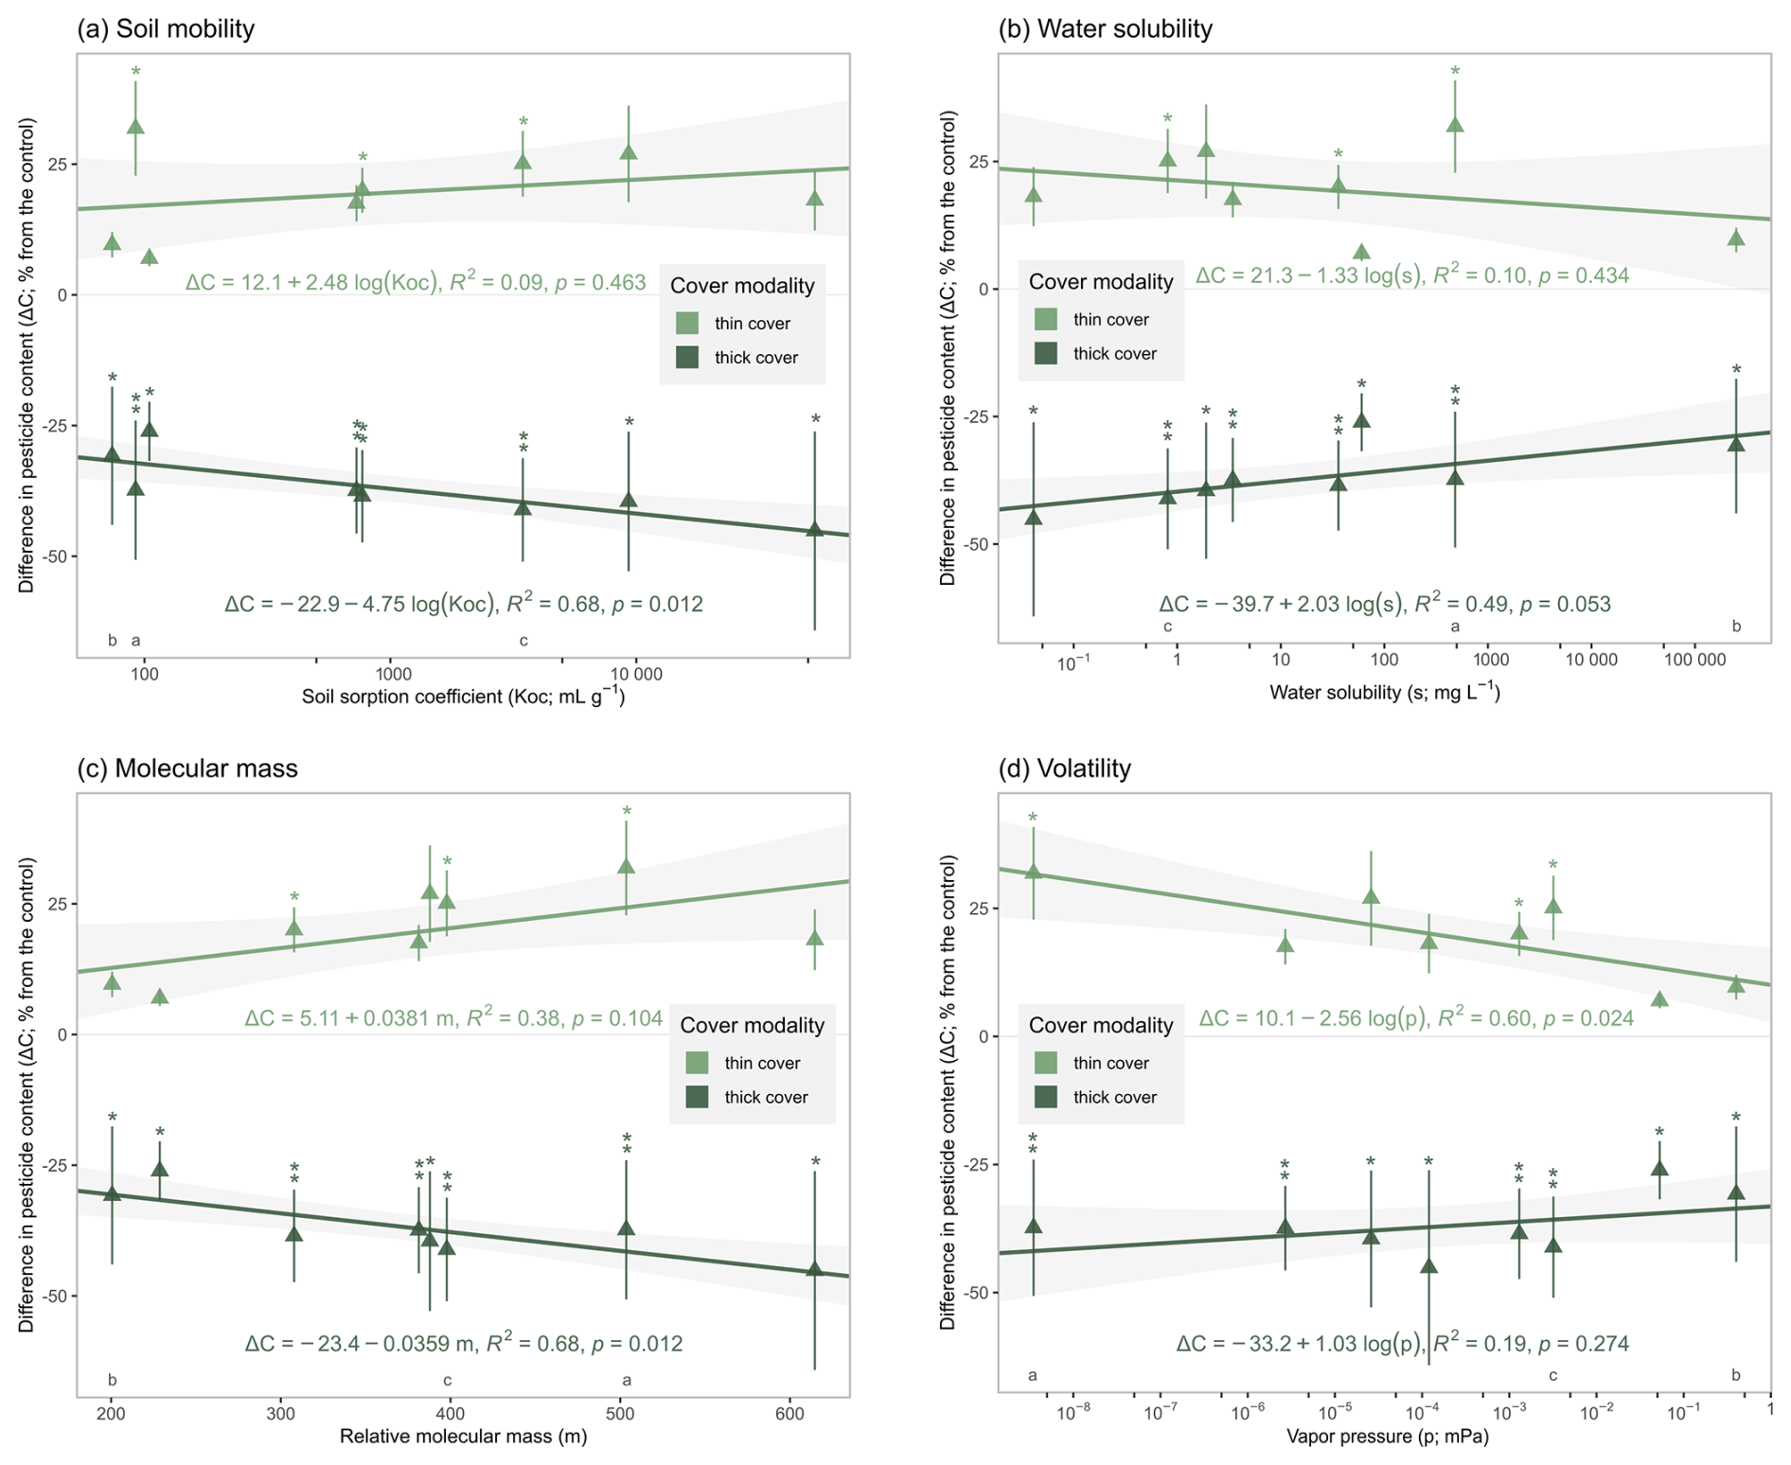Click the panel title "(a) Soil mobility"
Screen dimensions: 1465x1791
click(x=166, y=28)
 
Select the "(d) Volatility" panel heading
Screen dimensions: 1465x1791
click(x=1064, y=768)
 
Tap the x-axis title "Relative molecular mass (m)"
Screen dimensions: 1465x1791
click(x=463, y=1437)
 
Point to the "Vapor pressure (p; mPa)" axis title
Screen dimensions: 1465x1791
click(x=1387, y=1437)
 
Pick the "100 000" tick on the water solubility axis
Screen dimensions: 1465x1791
click(x=1694, y=660)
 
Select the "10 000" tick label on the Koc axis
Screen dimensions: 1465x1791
click(x=635, y=674)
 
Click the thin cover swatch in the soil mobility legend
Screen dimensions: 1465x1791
click(x=687, y=324)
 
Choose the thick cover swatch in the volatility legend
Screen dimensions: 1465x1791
click(x=1045, y=1097)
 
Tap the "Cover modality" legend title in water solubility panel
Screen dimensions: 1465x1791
click(x=1100, y=281)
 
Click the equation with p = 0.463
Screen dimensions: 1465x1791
click(x=416, y=282)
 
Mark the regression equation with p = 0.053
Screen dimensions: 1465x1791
click(x=1384, y=604)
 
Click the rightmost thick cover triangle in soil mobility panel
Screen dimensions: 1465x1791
click(x=814, y=530)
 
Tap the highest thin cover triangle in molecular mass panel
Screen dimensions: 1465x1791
click(x=626, y=866)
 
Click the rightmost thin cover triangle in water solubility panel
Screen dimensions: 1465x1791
click(x=1735, y=238)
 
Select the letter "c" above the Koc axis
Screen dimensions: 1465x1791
click(x=523, y=641)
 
